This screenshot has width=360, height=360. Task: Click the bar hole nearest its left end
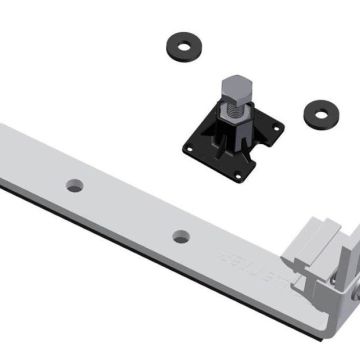[x=75, y=186]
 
